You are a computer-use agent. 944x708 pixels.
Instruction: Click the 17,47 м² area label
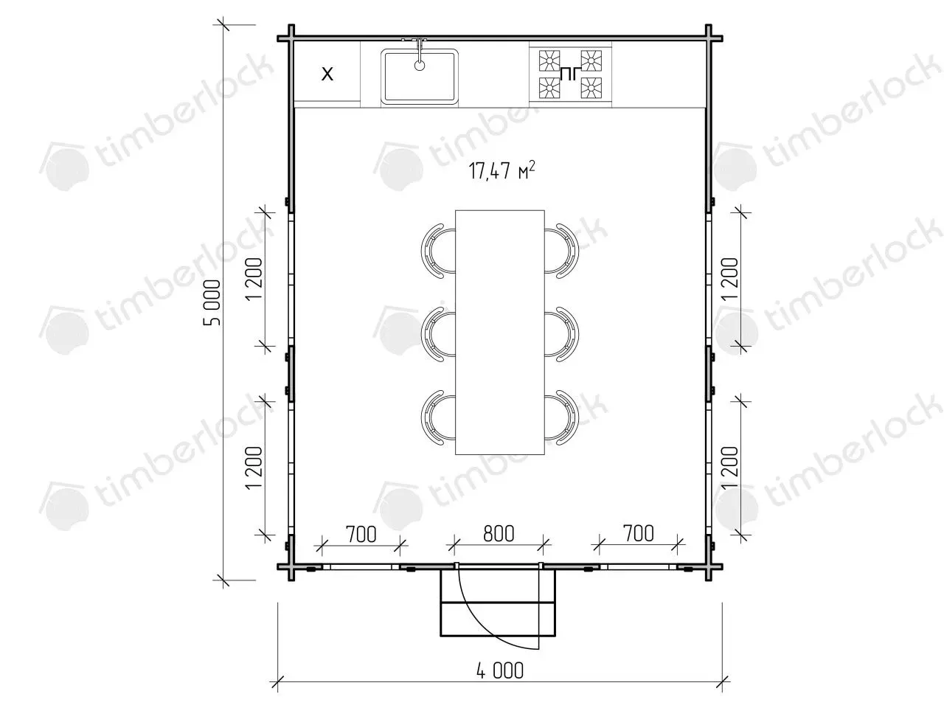pos(502,170)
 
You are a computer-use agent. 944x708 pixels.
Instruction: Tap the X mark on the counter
pos(327,74)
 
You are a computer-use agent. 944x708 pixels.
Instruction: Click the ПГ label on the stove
pos(570,74)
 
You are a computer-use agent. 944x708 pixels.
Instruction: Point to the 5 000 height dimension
pos(212,302)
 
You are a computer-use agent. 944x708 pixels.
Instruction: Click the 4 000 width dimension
pos(500,670)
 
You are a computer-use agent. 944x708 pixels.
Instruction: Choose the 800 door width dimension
pos(499,533)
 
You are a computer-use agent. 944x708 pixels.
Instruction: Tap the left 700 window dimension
pos(361,535)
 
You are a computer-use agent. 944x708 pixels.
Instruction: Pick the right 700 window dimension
pos(639,533)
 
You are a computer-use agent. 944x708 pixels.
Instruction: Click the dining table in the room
pos(500,333)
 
